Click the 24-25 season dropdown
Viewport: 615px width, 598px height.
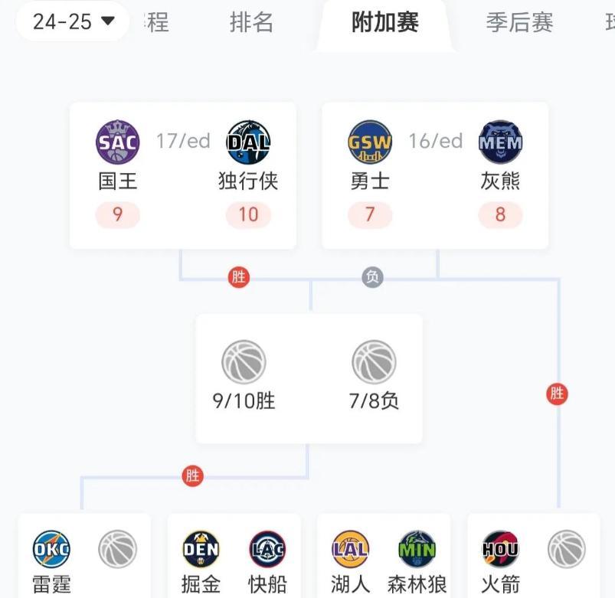(73, 21)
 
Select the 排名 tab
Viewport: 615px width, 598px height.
(251, 22)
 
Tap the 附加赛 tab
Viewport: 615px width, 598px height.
(385, 22)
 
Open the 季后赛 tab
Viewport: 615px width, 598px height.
(519, 22)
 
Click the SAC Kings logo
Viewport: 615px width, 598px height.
(118, 142)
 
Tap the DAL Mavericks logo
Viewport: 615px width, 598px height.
(248, 142)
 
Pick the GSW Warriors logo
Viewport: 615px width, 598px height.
(370, 142)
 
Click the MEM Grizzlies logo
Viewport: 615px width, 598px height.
(500, 142)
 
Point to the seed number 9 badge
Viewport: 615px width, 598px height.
(117, 214)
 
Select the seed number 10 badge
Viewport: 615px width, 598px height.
(248, 214)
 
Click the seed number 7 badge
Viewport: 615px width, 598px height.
(370, 214)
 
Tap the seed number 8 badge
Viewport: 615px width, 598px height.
(500, 214)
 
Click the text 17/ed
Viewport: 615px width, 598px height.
(183, 141)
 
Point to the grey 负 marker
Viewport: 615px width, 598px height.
(373, 277)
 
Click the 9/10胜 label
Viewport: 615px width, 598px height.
(244, 400)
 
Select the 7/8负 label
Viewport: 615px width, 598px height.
(374, 400)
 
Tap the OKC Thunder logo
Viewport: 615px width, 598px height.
(52, 549)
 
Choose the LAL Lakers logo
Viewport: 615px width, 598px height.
(351, 549)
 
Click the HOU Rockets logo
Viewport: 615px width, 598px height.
(501, 549)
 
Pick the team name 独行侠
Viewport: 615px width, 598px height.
(248, 181)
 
